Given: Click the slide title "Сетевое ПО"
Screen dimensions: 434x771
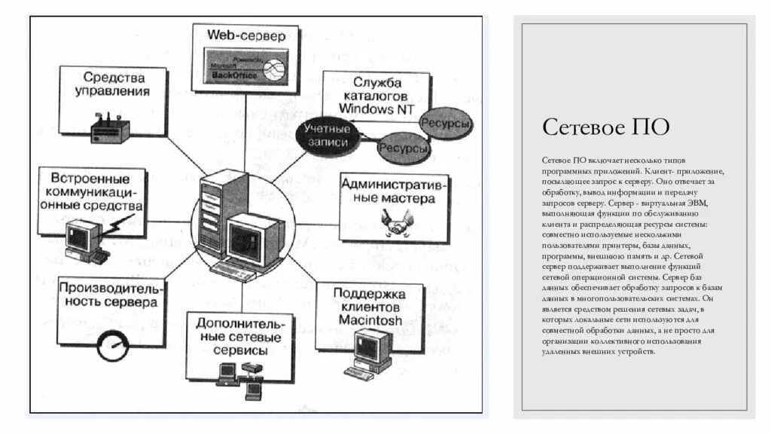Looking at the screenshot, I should tap(605, 126).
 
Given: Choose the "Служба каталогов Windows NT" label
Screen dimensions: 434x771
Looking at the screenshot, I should tap(376, 95).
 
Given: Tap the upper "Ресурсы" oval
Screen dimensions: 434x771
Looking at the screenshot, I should tap(445, 123).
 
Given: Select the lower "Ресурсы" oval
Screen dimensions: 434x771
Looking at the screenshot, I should tap(404, 148).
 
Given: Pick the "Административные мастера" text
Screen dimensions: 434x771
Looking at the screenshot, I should tap(395, 191).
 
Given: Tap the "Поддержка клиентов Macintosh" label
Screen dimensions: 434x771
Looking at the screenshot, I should tap(369, 307).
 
